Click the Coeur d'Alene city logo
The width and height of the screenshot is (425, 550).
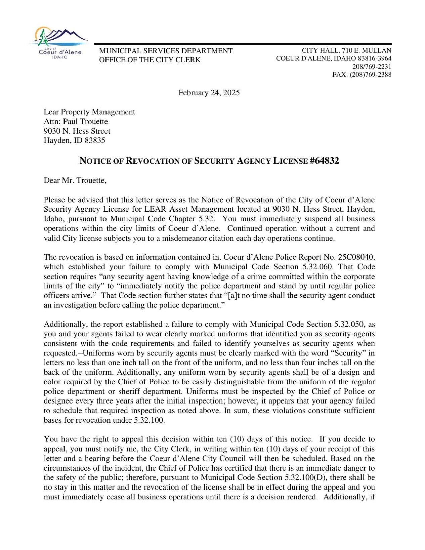pyautogui.click(x=59, y=43)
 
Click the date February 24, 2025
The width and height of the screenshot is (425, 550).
pyautogui.click(x=209, y=93)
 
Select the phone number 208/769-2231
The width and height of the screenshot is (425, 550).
pyautogui.click(x=372, y=67)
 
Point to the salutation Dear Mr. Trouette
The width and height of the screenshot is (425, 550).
pyautogui.click(x=75, y=181)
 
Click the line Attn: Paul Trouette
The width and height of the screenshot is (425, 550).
pyautogui.click(x=76, y=122)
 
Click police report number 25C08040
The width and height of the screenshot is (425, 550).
pyautogui.click(x=356, y=257)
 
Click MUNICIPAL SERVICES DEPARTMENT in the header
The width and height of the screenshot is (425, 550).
pyautogui.click(x=166, y=51)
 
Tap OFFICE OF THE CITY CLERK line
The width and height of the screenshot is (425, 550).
pyautogui.click(x=150, y=60)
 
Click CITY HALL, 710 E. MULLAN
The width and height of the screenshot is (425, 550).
pyautogui.click(x=346, y=51)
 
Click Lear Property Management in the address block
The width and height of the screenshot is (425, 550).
pyautogui.click(x=89, y=112)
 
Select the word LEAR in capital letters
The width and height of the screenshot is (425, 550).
pyautogui.click(x=155, y=209)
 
